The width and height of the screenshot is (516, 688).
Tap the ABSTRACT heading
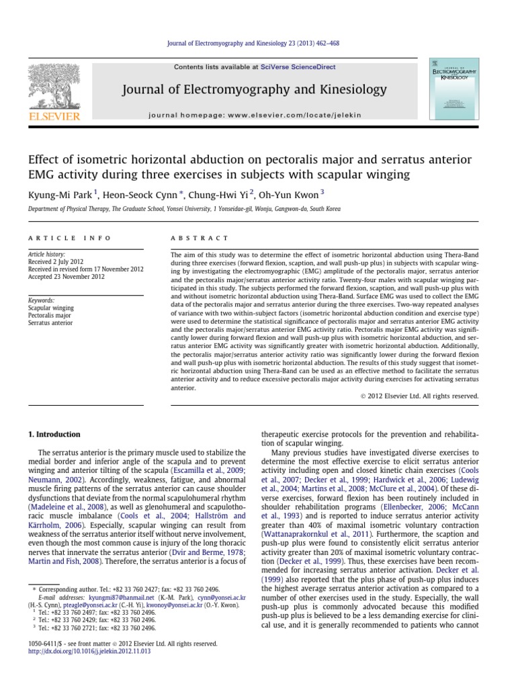click(x=200, y=238)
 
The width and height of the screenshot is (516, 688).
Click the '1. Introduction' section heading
click(x=53, y=434)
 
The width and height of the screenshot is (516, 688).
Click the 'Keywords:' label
click(x=41, y=300)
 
